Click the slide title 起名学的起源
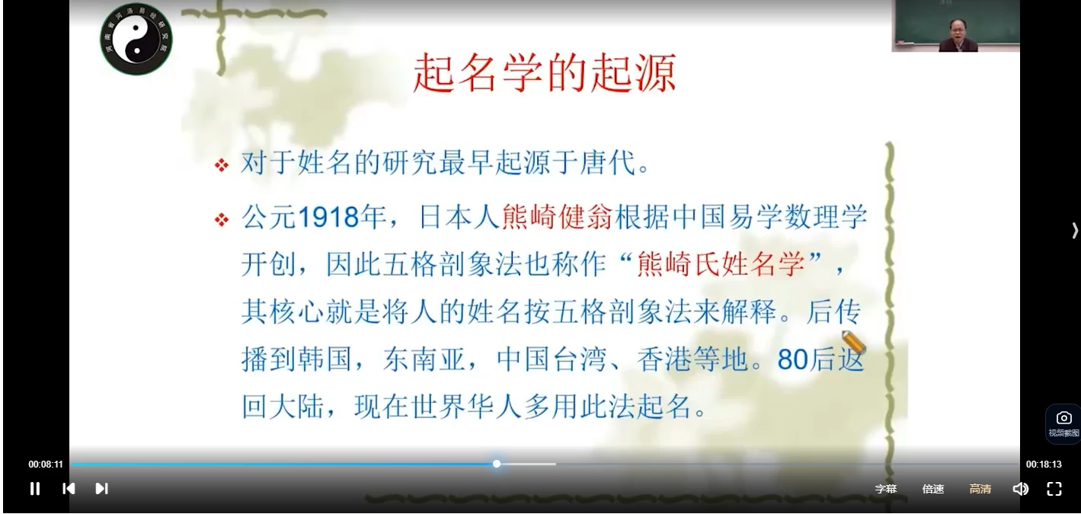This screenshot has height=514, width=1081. click(544, 74)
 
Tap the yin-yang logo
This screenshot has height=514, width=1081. click(136, 39)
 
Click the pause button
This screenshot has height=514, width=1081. click(35, 489)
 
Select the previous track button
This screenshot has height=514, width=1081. click(69, 489)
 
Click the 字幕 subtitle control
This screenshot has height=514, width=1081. click(886, 489)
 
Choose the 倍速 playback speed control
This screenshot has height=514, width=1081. click(933, 489)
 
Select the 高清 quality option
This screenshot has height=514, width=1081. click(980, 489)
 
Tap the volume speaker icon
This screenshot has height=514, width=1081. click(1020, 489)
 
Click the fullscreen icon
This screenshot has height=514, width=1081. click(1054, 489)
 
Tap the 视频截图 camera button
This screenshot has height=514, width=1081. click(1063, 423)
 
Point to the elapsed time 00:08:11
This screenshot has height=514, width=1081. click(46, 465)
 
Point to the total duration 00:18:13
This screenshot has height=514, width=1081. click(1044, 465)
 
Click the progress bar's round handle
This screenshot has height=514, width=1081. click(497, 464)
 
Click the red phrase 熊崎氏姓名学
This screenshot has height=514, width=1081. click(720, 264)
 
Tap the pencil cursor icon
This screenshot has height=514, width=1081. click(854, 343)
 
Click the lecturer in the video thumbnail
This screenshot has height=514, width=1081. click(958, 34)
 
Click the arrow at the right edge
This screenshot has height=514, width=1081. click(1074, 230)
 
